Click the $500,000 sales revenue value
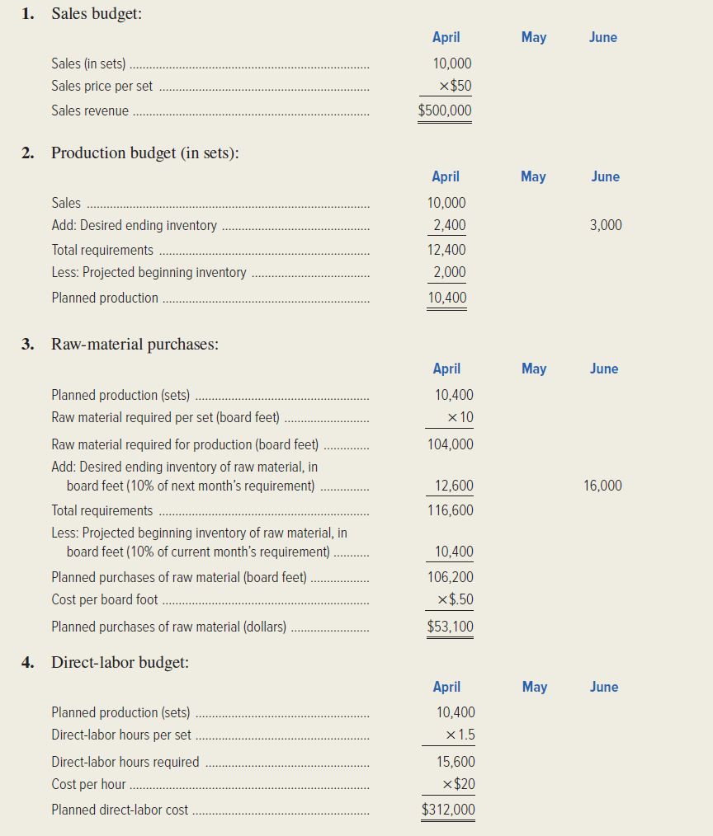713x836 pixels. click(x=445, y=110)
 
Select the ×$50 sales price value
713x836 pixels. click(x=456, y=86)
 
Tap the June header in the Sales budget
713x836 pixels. click(x=603, y=38)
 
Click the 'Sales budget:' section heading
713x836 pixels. click(x=96, y=14)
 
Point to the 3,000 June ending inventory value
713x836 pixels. click(x=606, y=225)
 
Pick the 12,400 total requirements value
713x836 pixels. click(x=446, y=250)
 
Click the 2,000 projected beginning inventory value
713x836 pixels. click(x=450, y=272)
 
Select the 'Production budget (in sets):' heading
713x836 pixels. click(x=144, y=153)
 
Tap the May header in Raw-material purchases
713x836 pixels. click(x=534, y=369)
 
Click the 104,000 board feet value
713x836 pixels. click(x=451, y=444)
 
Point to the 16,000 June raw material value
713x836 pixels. click(x=602, y=486)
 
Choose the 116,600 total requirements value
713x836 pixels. click(x=451, y=510)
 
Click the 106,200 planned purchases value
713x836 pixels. click(x=451, y=577)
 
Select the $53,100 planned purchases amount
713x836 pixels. click(x=450, y=627)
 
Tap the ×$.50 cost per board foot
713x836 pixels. click(x=456, y=600)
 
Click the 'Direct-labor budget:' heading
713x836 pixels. click(x=120, y=662)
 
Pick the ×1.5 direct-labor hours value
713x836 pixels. click(x=460, y=735)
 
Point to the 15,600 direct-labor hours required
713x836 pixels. click(x=456, y=762)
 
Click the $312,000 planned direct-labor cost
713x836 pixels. click(x=448, y=810)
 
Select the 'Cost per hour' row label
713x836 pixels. click(x=88, y=785)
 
